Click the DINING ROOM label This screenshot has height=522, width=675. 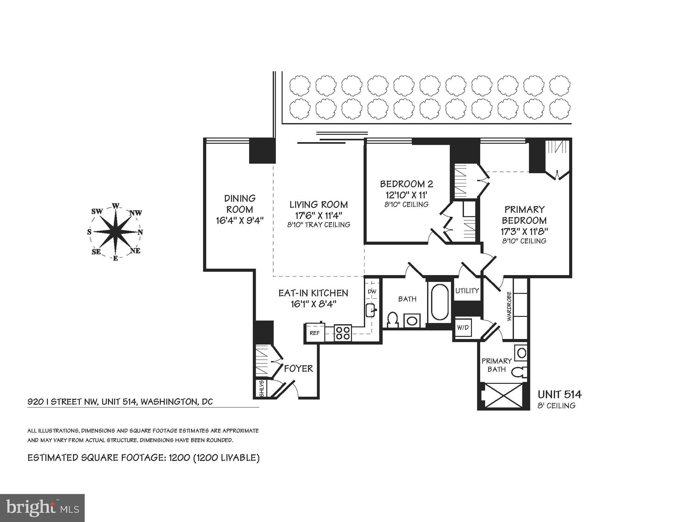pos(240,204)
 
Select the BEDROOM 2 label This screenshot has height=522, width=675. pos(406,184)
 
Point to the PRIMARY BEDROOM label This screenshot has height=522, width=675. pos(524,215)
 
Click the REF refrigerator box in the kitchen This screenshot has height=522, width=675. pos(314,333)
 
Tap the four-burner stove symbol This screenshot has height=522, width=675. pos(343,333)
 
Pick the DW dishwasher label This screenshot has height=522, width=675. pos(372,292)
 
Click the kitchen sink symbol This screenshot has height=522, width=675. pos(371,310)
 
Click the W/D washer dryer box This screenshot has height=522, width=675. pos(463,328)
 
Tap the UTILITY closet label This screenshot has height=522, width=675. pos(467,291)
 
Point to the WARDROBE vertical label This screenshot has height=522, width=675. pos(509,306)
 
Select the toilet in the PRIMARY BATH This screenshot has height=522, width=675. pos(519,372)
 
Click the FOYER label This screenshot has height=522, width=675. pos(298,368)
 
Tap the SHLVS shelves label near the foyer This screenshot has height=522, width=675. pos(262,388)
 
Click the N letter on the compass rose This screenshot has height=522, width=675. pos(140,232)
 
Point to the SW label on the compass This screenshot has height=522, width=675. pos(97,212)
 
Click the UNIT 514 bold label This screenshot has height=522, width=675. pos(560,394)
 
